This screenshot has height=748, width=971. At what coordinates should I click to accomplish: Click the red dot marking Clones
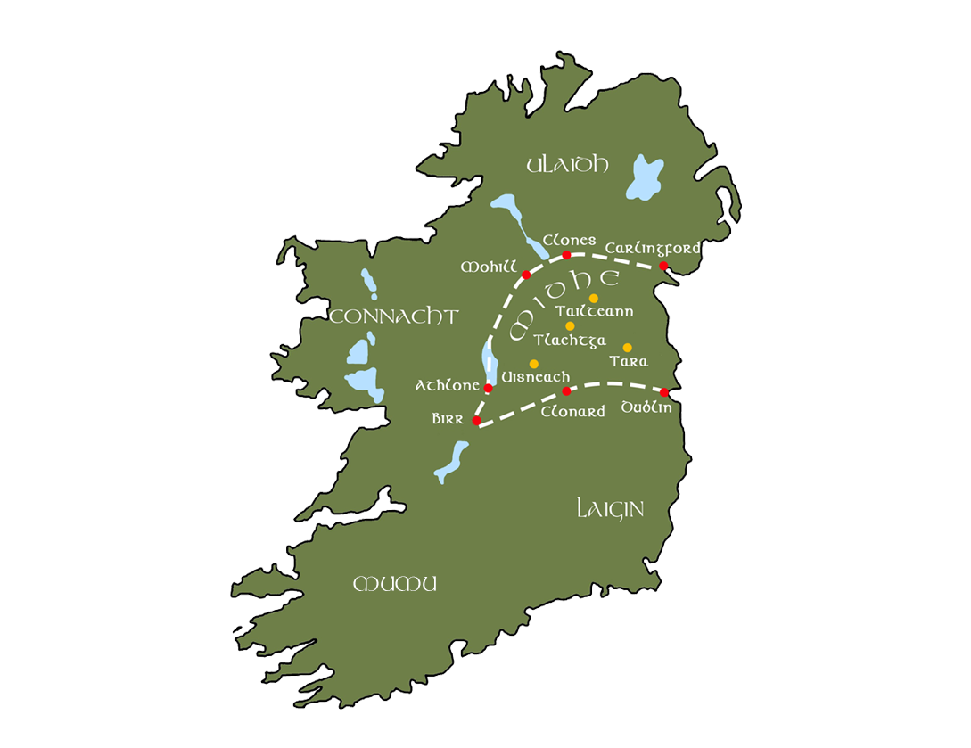pyautogui.click(x=566, y=255)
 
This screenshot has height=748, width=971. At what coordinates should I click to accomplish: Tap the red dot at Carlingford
pyautogui.click(x=663, y=266)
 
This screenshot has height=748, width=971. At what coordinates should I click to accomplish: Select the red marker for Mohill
pyautogui.click(x=526, y=275)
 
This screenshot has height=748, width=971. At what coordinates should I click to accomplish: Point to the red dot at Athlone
pyautogui.click(x=488, y=388)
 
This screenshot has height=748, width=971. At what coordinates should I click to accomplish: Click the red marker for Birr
pyautogui.click(x=476, y=420)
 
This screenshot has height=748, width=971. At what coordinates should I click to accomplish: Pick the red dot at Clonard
pyautogui.click(x=566, y=390)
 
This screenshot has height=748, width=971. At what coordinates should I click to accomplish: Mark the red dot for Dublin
pyautogui.click(x=664, y=392)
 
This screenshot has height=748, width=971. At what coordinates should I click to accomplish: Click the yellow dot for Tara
pyautogui.click(x=627, y=348)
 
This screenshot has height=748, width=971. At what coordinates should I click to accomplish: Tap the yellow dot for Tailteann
pyautogui.click(x=593, y=298)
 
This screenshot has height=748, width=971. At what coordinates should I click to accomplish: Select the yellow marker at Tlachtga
pyautogui.click(x=570, y=326)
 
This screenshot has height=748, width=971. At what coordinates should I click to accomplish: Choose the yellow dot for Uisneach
pyautogui.click(x=533, y=364)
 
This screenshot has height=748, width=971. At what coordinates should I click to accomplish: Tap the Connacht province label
pyautogui.click(x=393, y=316)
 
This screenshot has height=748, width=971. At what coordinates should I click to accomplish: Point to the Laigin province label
pyautogui.click(x=610, y=509)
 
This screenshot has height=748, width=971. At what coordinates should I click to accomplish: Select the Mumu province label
pyautogui.click(x=395, y=585)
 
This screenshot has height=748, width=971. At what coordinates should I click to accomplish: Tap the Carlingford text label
pyautogui.click(x=653, y=248)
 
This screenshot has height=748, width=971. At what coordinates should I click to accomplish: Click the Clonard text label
pyautogui.click(x=572, y=411)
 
